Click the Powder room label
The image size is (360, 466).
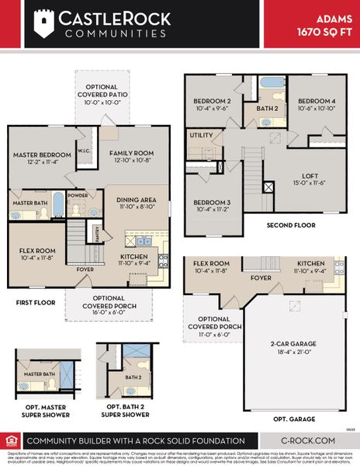76,196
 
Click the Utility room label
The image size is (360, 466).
202,135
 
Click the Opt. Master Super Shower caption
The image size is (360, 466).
45,411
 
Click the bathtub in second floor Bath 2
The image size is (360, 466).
272,83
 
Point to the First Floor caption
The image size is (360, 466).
35,302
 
